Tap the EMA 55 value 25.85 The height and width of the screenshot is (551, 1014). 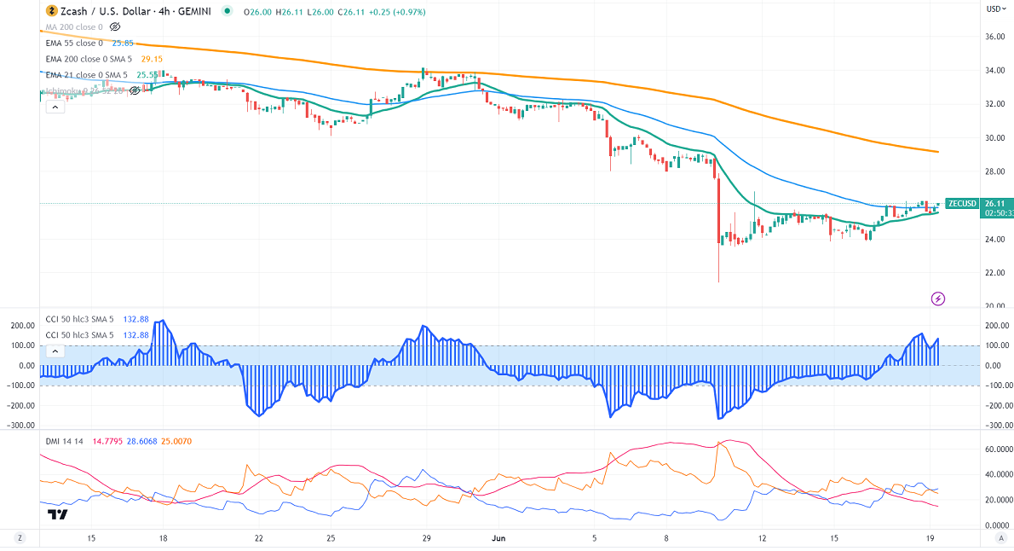coord(124,43)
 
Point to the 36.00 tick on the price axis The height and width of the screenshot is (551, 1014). coord(994,37)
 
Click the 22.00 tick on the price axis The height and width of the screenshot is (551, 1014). coord(994,273)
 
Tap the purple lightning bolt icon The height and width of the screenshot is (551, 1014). coord(938,299)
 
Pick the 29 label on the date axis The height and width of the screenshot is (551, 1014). coord(426,538)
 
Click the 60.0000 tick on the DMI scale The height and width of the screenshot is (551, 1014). coord(996,449)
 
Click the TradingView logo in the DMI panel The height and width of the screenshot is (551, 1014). coord(58,514)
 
